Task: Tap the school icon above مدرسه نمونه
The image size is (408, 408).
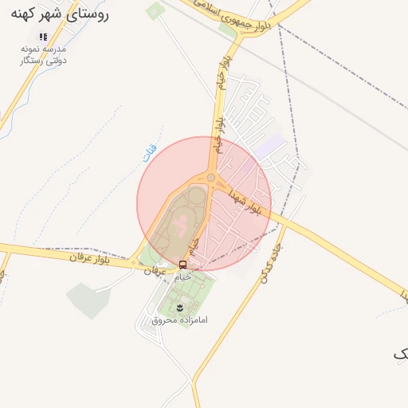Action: (x=43, y=37)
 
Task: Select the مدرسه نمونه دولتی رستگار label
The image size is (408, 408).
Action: (x=44, y=54)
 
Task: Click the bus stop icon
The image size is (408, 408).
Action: (x=183, y=265)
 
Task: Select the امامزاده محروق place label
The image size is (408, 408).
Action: (x=179, y=320)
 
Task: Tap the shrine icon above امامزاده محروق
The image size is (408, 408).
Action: (x=180, y=307)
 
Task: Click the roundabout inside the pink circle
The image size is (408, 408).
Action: (x=211, y=178)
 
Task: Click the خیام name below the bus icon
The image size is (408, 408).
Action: (x=183, y=277)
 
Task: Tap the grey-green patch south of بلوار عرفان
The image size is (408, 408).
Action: (x=87, y=298)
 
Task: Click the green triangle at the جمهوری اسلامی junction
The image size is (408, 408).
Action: (x=228, y=31)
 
